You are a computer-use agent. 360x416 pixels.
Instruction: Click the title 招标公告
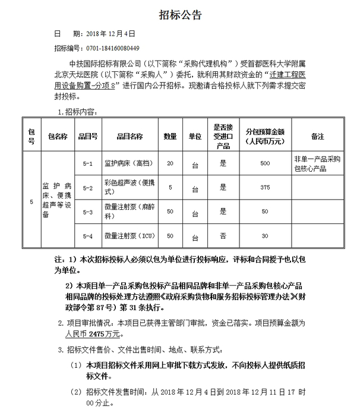click(x=180, y=15)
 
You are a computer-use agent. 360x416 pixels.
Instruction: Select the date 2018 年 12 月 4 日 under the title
click(x=110, y=34)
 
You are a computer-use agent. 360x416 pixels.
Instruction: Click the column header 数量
click(x=170, y=136)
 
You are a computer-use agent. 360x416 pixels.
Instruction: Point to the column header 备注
click(x=317, y=136)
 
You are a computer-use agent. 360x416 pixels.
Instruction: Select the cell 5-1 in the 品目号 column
click(x=88, y=163)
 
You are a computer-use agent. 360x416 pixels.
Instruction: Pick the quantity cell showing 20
click(x=170, y=163)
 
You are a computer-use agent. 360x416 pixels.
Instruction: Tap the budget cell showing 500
click(x=265, y=163)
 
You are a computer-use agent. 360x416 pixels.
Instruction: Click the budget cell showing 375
click(x=265, y=188)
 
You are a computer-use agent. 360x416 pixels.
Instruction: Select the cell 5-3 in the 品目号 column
click(x=88, y=212)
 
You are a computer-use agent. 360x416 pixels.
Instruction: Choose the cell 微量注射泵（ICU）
click(x=129, y=235)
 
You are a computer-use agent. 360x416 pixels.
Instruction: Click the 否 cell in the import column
click(x=223, y=235)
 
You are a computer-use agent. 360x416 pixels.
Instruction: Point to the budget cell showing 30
click(x=265, y=235)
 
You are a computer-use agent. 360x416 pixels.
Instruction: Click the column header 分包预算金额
click(x=265, y=136)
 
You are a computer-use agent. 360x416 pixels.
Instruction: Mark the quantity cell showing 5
click(x=170, y=188)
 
